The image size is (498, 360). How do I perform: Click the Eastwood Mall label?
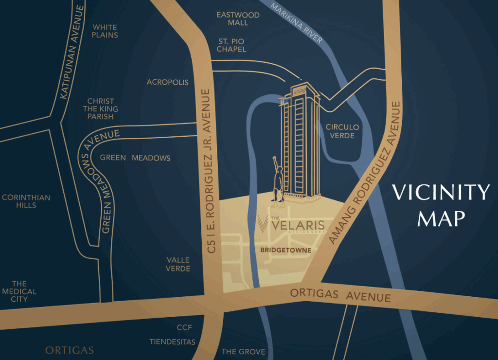(x=238, y=19)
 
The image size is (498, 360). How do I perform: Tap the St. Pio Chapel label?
(x=231, y=45)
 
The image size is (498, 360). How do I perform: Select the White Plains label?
(x=105, y=31)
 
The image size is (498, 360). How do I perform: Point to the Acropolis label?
(x=167, y=82)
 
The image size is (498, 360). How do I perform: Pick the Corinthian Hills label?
(x=26, y=201)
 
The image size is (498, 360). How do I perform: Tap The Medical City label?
(x=19, y=291)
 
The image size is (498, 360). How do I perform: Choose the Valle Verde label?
(x=178, y=264)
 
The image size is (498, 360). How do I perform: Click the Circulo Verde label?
(x=342, y=131)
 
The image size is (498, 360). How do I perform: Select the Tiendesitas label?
(x=172, y=342)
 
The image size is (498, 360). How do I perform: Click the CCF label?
(x=184, y=327)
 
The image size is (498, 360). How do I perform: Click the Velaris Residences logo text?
(x=291, y=226)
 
